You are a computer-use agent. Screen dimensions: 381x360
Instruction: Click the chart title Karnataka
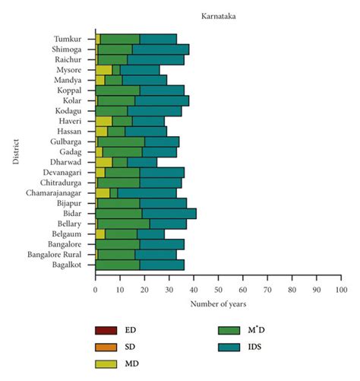point(218,14)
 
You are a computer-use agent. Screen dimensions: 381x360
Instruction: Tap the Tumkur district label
point(69,39)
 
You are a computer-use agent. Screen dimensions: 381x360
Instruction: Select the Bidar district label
point(76,214)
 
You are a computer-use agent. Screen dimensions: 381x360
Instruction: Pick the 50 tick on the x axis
point(218,290)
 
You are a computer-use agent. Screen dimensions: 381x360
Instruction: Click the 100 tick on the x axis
point(341,290)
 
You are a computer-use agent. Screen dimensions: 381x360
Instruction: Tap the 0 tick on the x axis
point(96,290)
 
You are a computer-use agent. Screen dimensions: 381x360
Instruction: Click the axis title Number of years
point(218,305)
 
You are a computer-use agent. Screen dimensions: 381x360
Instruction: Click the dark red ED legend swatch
point(106,331)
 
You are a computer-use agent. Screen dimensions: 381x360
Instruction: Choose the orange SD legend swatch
point(106,348)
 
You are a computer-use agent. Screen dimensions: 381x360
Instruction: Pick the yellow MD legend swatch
point(106,364)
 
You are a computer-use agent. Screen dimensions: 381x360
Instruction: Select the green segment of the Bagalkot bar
point(118,265)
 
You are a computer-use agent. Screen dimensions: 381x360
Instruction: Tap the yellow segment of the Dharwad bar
point(104,162)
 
